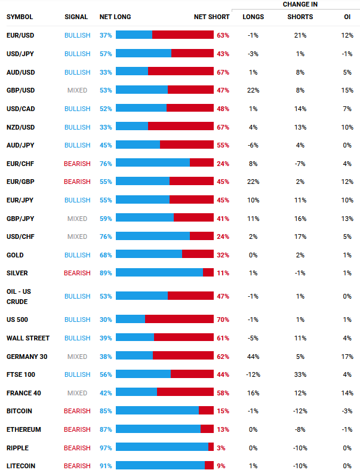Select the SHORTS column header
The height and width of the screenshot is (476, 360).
[x=300, y=17]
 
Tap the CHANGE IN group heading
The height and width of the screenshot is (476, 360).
[x=300, y=5]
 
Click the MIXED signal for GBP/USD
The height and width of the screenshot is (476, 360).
[x=77, y=90]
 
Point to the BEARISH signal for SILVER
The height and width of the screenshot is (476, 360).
[x=77, y=273]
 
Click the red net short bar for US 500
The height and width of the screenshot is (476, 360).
[x=179, y=320]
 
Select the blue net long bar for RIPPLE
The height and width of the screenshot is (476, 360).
[x=162, y=447]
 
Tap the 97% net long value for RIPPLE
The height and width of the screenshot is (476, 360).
[x=106, y=447]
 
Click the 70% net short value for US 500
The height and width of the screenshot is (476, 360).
[x=223, y=320]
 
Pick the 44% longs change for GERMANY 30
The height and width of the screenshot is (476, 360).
[x=253, y=357]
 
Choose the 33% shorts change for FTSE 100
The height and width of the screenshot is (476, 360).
[x=300, y=374]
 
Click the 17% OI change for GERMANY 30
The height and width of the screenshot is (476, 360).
[x=347, y=357]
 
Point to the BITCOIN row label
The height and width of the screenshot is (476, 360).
[x=19, y=411]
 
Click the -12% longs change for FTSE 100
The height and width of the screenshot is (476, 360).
[x=253, y=374]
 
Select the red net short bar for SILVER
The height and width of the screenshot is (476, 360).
[x=208, y=273]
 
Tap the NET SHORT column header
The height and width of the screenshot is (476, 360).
[x=211, y=17]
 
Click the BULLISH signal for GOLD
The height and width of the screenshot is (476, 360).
[x=77, y=255]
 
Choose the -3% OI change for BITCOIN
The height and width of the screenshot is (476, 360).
[x=347, y=411]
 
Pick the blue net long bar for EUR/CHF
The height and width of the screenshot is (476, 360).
[x=152, y=163]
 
